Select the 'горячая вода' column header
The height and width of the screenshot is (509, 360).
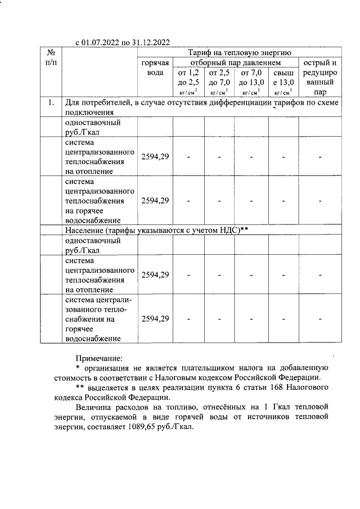pyautogui.click(x=155, y=67)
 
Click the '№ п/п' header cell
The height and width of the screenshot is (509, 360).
pyautogui.click(x=51, y=57)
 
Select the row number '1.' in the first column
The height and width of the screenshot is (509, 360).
pyautogui.click(x=51, y=103)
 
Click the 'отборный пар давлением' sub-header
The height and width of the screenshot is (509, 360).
pyautogui.click(x=235, y=62)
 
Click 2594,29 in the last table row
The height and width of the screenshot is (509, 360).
pyautogui.click(x=155, y=319)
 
